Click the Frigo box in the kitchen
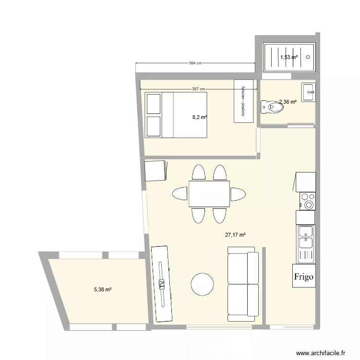304,276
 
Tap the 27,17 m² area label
235,235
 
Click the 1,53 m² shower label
288,58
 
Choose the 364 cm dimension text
195,63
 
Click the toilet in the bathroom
270,107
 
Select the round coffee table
202,284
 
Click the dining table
209,193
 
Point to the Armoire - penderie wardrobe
243,101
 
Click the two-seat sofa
243,284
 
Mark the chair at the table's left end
180,194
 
